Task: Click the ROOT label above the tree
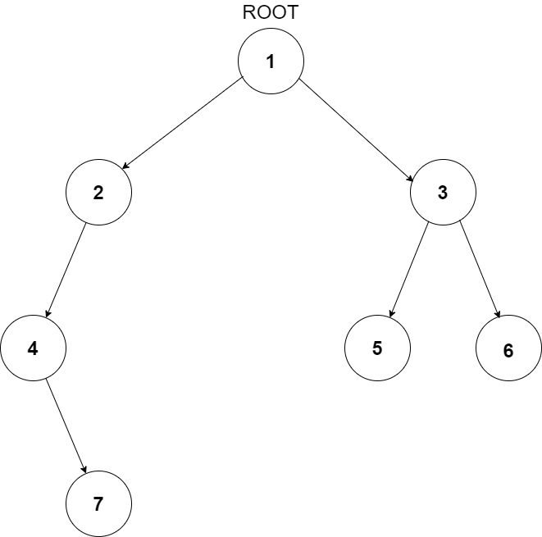(x=271, y=13)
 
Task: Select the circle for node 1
(x=271, y=61)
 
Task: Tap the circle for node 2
(x=98, y=193)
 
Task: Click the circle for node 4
(x=33, y=348)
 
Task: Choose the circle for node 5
(x=377, y=348)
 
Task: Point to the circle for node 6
(x=508, y=351)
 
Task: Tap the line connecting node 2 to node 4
(x=66, y=271)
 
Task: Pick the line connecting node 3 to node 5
(x=410, y=271)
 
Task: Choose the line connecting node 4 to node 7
(x=66, y=426)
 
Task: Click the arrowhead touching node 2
(x=125, y=168)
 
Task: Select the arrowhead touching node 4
(x=48, y=315)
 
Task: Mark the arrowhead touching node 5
(x=392, y=314)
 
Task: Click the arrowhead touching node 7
(x=84, y=471)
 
